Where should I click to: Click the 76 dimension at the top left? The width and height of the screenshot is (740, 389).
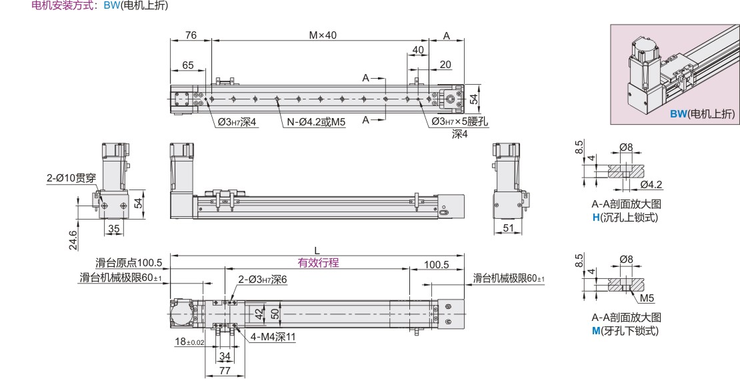191,35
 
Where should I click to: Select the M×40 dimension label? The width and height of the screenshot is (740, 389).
323,35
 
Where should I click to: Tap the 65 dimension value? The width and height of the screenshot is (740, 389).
188,65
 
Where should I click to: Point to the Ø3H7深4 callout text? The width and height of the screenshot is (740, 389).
237,122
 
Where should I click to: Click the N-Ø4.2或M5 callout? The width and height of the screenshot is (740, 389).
316,122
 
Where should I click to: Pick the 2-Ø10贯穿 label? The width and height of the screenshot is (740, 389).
71,178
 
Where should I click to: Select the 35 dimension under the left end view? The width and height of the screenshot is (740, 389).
114,229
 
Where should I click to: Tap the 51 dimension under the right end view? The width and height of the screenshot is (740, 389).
508,228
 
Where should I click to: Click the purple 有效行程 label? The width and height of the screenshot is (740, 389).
318,262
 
